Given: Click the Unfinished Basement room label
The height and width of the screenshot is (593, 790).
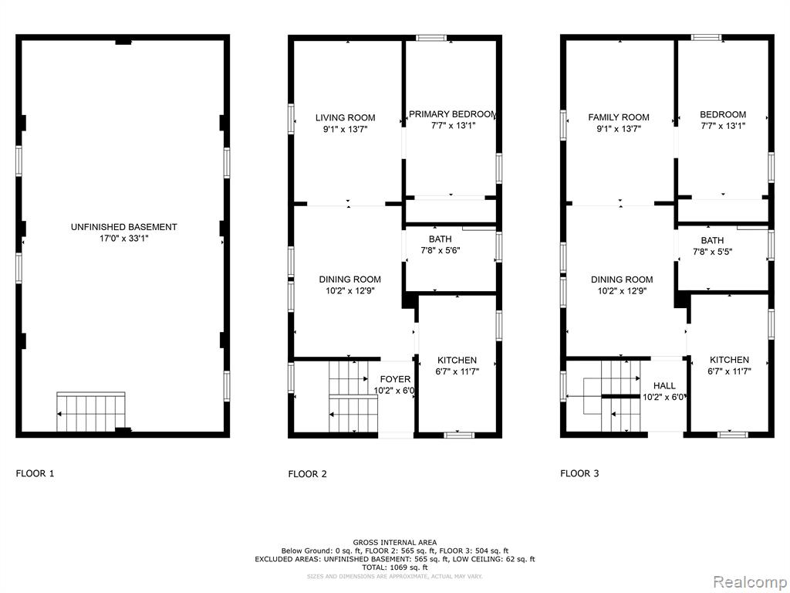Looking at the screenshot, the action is click(124, 228).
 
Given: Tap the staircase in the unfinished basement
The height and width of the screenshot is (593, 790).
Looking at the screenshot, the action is click(91, 412).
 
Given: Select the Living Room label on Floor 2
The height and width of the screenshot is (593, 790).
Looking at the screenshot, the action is click(345, 118).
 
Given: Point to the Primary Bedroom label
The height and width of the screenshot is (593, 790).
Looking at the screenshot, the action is click(453, 114).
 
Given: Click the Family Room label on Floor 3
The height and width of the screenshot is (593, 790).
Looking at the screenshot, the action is click(619, 117).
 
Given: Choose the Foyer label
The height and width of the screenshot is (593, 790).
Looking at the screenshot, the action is click(395, 379).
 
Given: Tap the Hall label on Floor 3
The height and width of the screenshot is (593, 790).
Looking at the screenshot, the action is click(664, 386).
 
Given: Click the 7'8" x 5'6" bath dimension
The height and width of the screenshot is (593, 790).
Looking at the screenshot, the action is click(441, 250).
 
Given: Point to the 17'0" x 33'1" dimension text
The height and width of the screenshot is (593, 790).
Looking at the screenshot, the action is click(124, 239).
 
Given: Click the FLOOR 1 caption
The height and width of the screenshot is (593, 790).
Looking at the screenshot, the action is click(35, 473).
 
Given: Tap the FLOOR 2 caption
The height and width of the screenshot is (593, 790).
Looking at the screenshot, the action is click(307, 474).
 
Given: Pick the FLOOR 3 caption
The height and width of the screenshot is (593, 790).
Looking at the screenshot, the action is click(579, 473).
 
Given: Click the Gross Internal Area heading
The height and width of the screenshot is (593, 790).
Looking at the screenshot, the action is click(394, 543).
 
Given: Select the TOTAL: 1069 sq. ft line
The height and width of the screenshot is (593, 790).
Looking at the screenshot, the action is click(394, 568).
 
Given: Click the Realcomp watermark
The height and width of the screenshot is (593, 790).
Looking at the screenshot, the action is click(751, 581).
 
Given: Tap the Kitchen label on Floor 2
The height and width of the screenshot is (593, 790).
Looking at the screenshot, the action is click(457, 361).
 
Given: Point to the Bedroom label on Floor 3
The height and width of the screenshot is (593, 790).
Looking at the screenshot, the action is click(723, 114).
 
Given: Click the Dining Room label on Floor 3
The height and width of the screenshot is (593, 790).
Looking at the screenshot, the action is click(622, 280).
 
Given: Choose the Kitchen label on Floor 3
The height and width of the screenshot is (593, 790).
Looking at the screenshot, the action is click(730, 360).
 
